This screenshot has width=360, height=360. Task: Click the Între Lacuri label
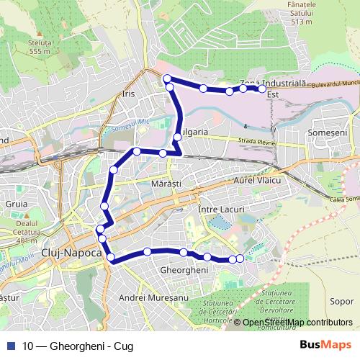pyautogui.click(x=221, y=208)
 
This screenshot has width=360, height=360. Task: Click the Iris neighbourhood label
pyautogui.click(x=129, y=94)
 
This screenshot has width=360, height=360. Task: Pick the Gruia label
pyautogui.click(x=16, y=204)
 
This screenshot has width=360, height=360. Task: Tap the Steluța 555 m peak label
pyautogui.click(x=40, y=47)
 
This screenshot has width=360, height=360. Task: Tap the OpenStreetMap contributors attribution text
pyautogui.click(x=297, y=323)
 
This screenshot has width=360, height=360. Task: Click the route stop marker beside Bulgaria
pyautogui.click(x=177, y=137)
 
